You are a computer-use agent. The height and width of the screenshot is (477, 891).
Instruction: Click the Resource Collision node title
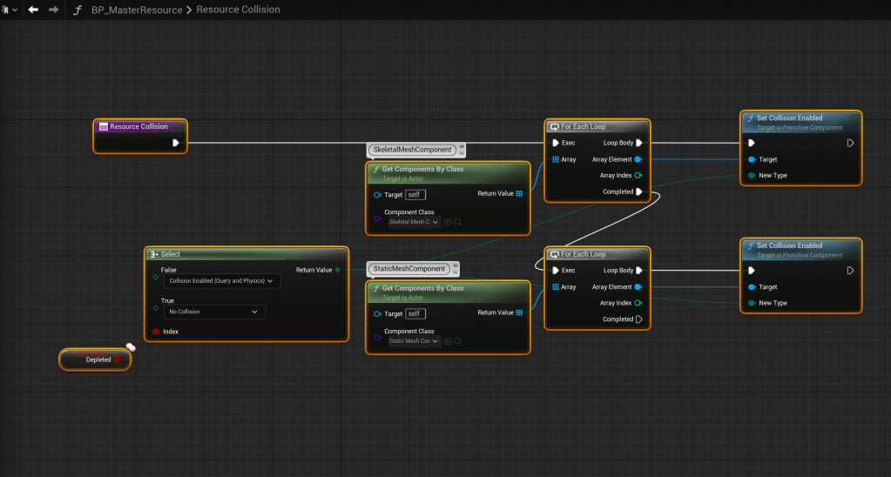tap(138, 127)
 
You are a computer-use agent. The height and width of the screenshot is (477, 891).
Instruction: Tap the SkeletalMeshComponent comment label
tap(411, 150)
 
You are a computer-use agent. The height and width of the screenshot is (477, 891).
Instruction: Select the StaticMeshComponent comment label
tap(408, 269)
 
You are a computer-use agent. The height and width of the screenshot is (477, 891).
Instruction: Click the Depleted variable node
tap(98, 359)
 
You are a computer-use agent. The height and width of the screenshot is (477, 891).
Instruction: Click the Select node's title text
tap(170, 254)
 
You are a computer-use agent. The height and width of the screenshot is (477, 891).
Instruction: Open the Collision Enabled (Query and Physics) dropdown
tap(222, 281)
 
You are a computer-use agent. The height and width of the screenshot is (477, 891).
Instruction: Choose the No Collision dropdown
tap(214, 312)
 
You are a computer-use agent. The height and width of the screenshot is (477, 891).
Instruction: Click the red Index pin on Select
tap(156, 332)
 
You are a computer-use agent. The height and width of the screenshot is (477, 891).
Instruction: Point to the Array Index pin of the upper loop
tap(638, 176)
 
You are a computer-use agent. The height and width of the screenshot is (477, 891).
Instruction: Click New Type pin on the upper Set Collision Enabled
tap(752, 176)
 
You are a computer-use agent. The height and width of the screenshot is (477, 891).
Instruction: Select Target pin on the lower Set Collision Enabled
tap(752, 287)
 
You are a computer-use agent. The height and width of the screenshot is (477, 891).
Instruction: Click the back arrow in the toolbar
tap(33, 10)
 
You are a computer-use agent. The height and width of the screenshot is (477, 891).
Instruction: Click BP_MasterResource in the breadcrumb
tap(137, 10)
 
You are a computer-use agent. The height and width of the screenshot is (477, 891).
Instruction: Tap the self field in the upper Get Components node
tap(415, 194)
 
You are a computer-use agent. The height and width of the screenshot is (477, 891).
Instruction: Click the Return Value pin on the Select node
tap(337, 270)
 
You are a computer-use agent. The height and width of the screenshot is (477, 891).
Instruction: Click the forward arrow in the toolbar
tap(54, 10)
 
